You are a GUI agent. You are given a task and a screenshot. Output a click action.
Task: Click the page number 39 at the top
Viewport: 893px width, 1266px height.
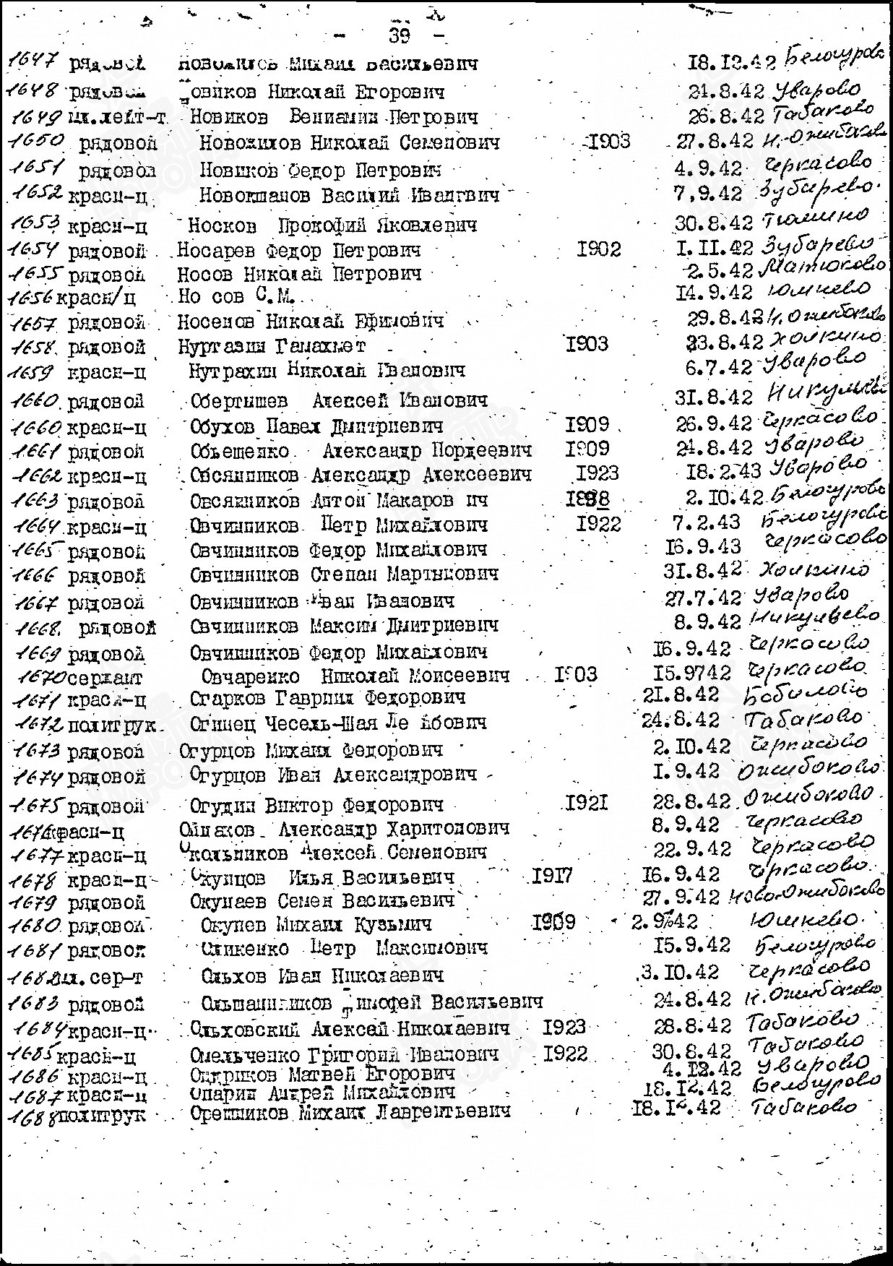point(400,35)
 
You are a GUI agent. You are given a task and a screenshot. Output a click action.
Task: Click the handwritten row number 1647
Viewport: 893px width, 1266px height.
point(33,64)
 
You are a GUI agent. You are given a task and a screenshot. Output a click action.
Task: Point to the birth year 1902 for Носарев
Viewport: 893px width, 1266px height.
point(599,250)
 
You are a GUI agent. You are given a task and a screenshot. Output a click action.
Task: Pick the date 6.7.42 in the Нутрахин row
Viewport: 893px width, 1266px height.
point(718,368)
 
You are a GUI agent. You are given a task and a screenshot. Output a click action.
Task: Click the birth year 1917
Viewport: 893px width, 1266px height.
point(552,877)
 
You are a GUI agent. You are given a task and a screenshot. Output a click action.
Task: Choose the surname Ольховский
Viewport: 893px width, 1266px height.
point(246,1028)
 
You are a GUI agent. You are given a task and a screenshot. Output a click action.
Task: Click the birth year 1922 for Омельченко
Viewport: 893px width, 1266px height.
point(566,1053)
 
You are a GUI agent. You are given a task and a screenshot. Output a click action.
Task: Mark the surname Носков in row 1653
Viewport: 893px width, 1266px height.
point(221,225)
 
